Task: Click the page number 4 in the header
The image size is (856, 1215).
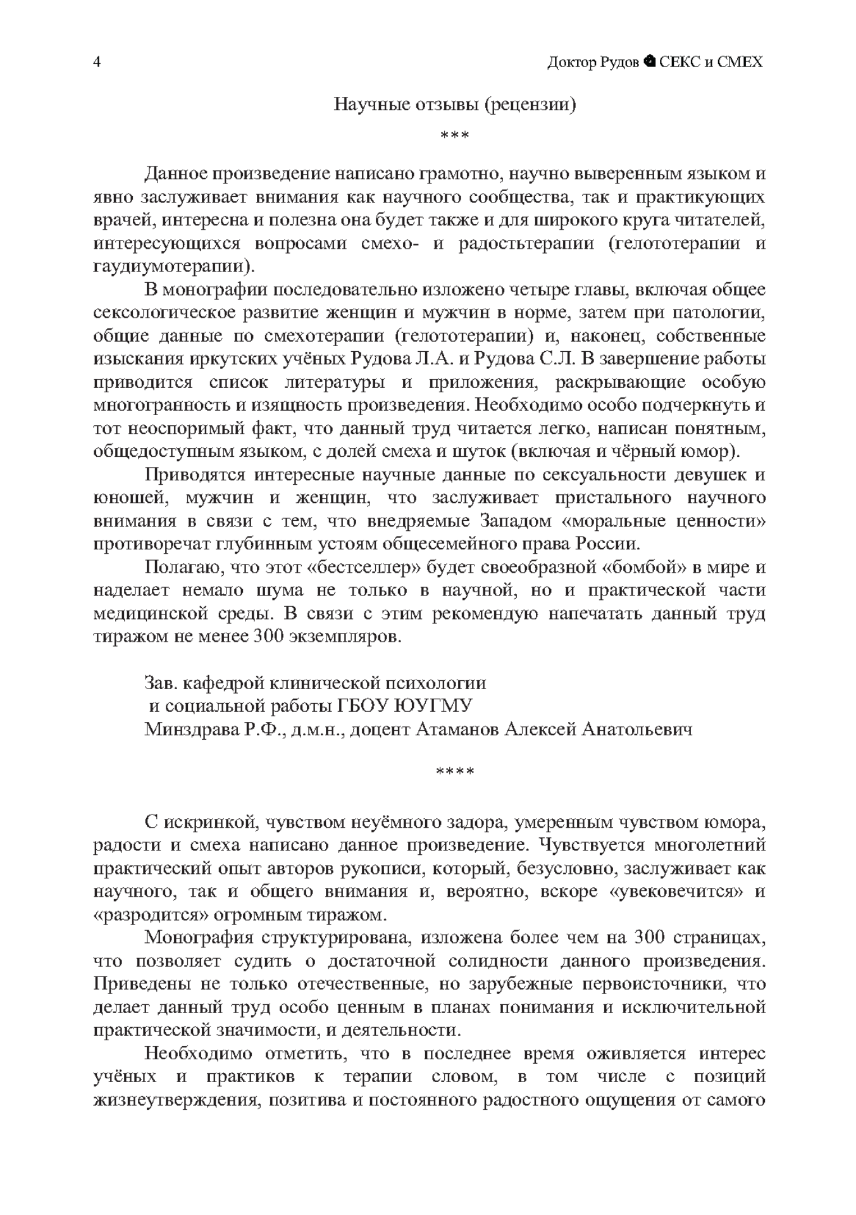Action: [x=97, y=62]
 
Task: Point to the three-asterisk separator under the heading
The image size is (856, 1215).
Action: [x=454, y=135]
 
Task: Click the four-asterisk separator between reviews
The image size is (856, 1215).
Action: [x=454, y=771]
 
